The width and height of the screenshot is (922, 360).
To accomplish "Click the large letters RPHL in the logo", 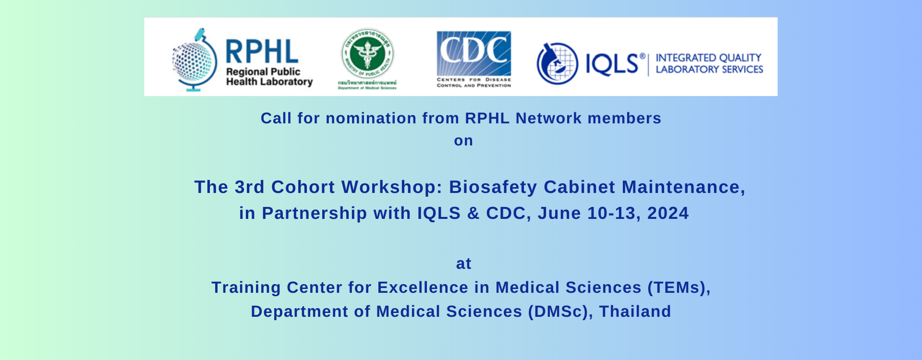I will click(262, 51).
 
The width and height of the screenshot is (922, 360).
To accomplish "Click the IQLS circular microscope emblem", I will click(557, 63).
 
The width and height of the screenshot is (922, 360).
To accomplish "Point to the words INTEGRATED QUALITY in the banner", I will click(708, 58).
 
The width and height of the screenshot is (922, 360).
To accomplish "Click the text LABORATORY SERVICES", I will click(709, 70).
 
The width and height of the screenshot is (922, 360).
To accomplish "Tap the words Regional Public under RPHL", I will click(263, 72).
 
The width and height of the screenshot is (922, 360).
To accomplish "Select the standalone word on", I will click(463, 141).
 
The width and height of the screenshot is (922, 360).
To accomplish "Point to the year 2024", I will click(668, 213).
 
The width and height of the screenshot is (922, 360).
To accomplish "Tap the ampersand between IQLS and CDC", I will click(473, 213).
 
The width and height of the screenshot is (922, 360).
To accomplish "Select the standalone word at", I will click(463, 264).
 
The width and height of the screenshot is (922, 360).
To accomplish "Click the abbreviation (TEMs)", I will click(679, 287).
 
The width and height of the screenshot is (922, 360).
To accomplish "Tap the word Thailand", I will click(635, 311).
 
